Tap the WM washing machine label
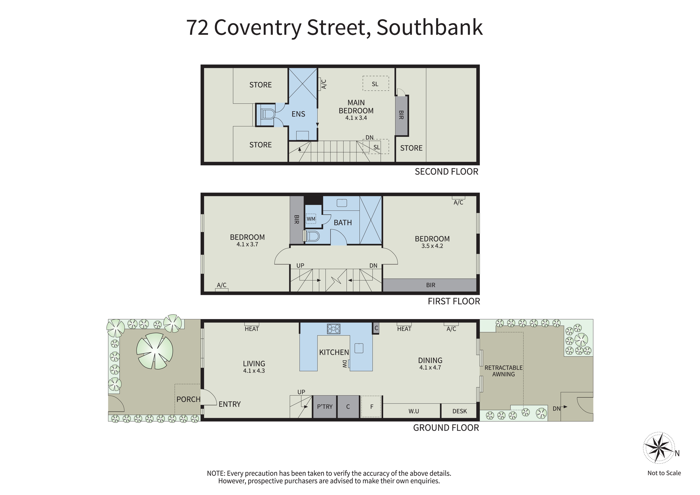311,219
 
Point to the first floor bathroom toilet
312,236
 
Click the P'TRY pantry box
325,407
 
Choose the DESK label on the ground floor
459,411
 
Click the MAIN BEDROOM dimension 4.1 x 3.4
356,118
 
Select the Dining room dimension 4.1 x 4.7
430,368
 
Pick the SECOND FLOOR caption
447,172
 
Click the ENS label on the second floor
298,114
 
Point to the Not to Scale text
664,473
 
